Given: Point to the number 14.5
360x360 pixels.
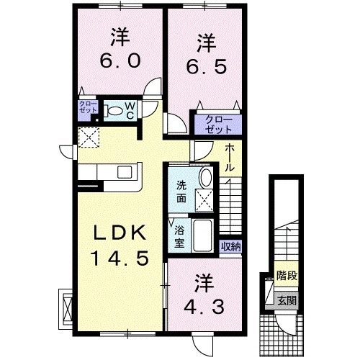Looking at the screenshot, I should click(120, 257).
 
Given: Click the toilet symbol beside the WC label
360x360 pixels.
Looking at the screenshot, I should click(113, 111).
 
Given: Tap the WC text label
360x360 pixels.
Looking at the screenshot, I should click(130, 111).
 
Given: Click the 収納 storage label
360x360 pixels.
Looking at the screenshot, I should click(230, 246).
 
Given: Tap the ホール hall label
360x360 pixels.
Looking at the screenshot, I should click(228, 157).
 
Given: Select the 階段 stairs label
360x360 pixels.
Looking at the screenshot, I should click(287, 276).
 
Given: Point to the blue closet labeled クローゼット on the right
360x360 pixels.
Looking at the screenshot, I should click(213, 123).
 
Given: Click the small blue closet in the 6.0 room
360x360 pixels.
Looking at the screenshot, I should click(87, 110).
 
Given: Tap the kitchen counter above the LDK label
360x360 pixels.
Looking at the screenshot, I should click(112, 174).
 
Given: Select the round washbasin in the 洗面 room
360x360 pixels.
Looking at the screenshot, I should click(204, 178).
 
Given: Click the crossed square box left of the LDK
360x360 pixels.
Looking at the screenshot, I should click(66, 305).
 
